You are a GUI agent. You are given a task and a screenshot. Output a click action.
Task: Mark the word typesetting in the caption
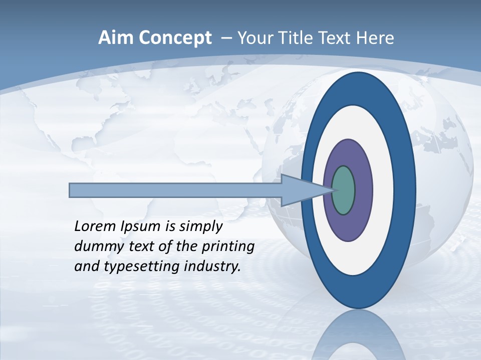[142, 267]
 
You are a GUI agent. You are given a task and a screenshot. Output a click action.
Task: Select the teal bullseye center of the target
[344, 190]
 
